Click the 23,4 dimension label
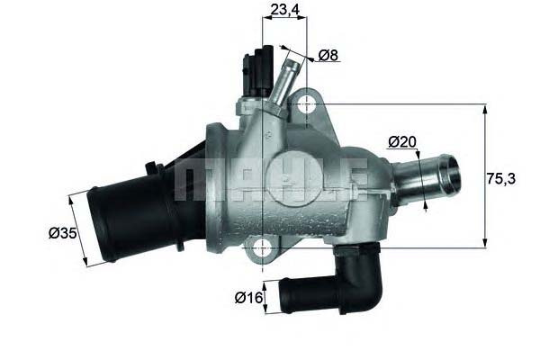(284, 10)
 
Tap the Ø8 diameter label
(328, 55)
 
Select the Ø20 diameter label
(402, 141)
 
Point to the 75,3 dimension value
(500, 179)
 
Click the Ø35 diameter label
(62, 233)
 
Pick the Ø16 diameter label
(248, 298)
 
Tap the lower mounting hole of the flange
(263, 247)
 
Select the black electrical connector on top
(257, 71)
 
